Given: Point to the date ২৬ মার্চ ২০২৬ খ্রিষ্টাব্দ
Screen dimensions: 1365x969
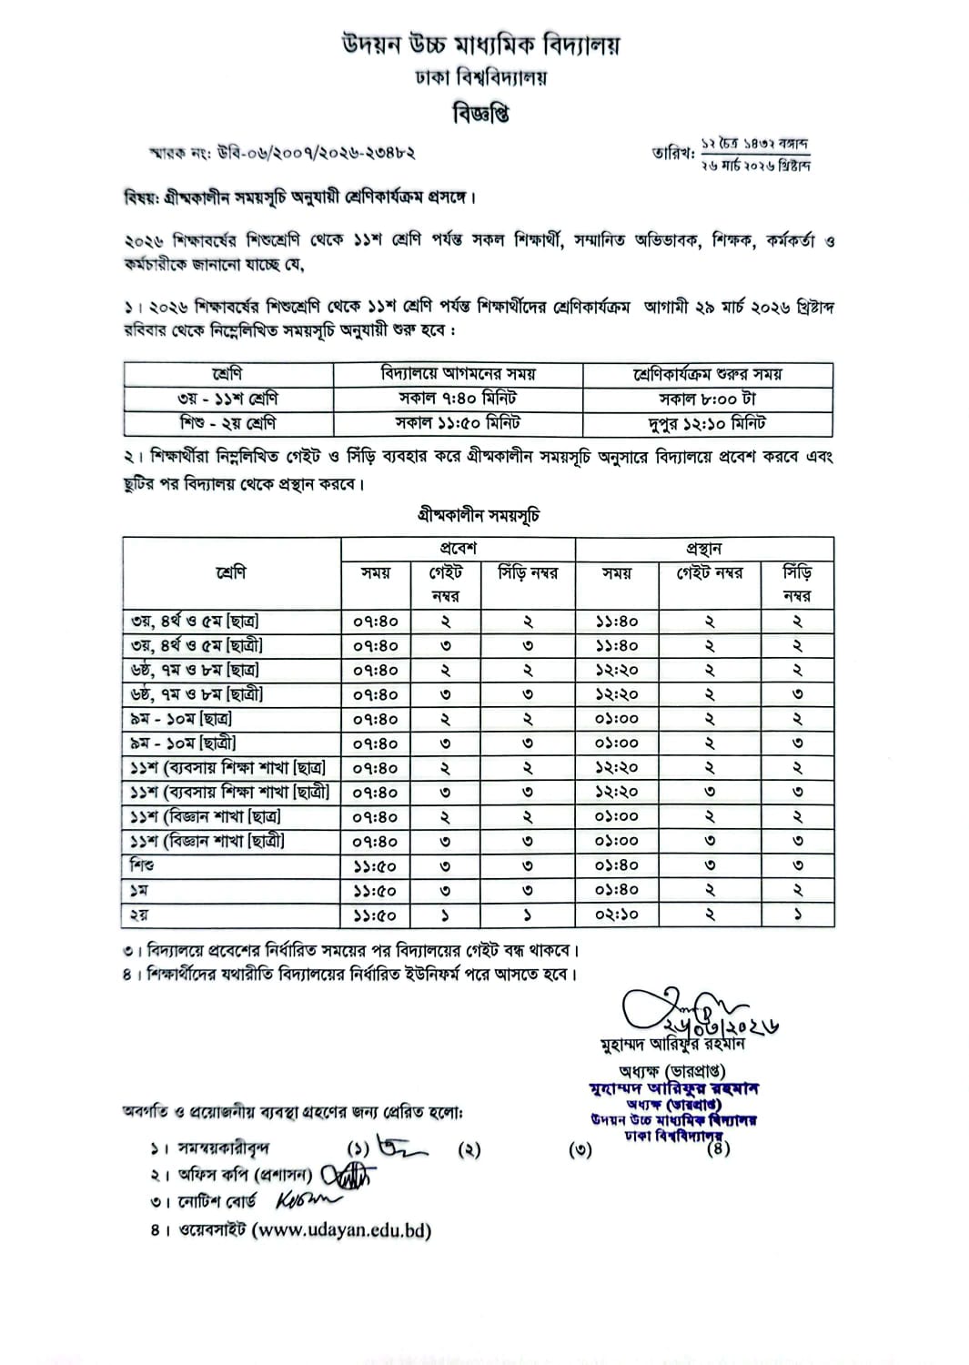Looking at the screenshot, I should click(x=754, y=165).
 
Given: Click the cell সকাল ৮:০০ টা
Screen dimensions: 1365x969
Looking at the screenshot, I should click(x=707, y=399).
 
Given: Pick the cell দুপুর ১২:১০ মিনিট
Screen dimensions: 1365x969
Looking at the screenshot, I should click(x=707, y=423).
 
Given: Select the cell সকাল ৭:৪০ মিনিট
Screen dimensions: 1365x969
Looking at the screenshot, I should click(x=458, y=399).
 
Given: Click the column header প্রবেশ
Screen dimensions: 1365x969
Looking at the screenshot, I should click(x=458, y=549).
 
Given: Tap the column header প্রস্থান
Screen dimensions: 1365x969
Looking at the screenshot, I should click(x=704, y=549).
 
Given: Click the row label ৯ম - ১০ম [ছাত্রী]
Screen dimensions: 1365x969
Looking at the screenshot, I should click(x=183, y=743).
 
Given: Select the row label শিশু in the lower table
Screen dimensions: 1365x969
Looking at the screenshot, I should click(x=142, y=865).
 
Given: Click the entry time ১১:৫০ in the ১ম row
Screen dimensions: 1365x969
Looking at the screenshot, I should click(x=375, y=890).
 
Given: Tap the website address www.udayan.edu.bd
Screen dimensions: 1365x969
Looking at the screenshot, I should click(x=341, y=1230).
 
